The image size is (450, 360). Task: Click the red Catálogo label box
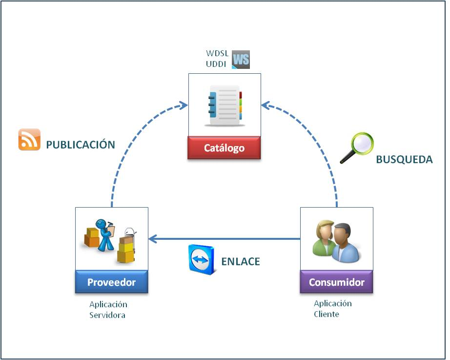click(224, 148)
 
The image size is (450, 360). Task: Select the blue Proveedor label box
click(111, 282)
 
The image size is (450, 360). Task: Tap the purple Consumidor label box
click(336, 282)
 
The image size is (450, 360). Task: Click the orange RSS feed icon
click(29, 140)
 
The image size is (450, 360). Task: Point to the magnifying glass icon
click(357, 148)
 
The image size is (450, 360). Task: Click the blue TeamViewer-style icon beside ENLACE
click(201, 259)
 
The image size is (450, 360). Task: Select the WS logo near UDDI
click(241, 60)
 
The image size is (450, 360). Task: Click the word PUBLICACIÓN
click(81, 145)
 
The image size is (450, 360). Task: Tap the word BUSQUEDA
click(404, 160)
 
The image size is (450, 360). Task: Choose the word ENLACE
click(241, 261)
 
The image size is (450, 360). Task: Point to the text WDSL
click(217, 54)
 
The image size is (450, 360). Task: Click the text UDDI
click(217, 64)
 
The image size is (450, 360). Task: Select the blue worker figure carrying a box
click(103, 234)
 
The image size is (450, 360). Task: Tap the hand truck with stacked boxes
click(127, 246)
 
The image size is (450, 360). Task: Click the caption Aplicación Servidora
click(108, 310)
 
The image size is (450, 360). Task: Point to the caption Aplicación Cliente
click(332, 309)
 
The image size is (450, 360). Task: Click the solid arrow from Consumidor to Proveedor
click(225, 239)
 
